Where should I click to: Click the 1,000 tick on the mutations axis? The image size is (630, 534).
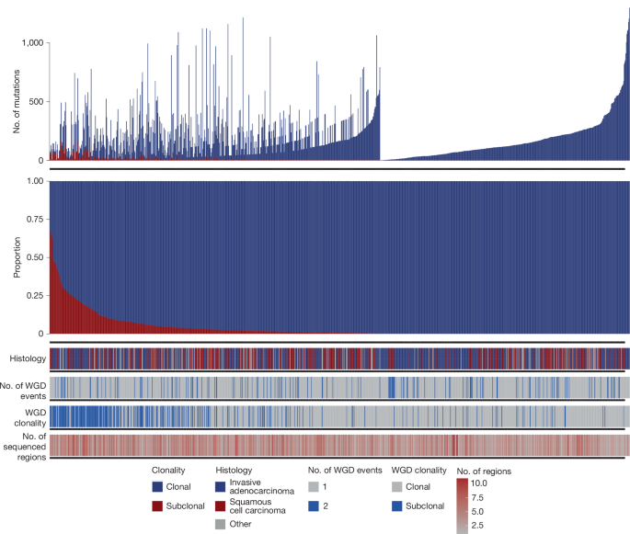(32, 43)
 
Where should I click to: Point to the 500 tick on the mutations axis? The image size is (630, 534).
(35, 101)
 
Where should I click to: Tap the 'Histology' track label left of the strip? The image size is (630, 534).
(27, 358)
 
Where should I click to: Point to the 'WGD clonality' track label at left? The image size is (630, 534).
(25, 415)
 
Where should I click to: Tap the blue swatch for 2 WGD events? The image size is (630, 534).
(315, 505)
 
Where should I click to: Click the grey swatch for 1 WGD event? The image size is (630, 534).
(315, 486)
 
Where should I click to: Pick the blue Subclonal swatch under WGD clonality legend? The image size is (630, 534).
(398, 505)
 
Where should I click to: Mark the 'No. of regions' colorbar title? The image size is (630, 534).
(483, 470)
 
